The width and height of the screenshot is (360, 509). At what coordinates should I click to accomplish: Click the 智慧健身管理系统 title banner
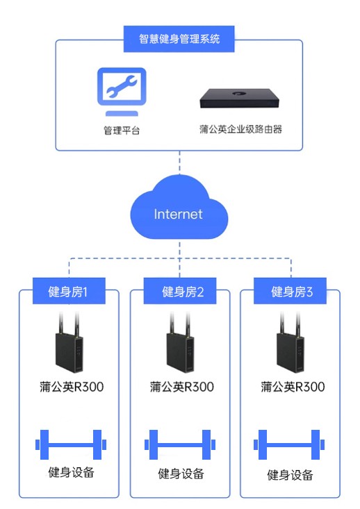[179, 38]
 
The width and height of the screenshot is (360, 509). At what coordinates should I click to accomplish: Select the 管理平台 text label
[121, 130]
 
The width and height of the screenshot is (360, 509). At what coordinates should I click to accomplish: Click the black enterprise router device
[240, 98]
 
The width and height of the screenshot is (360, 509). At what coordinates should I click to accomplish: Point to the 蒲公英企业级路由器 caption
[240, 129]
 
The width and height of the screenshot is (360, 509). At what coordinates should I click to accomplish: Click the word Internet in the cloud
[179, 213]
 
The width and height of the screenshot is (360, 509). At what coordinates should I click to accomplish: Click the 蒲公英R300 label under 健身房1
[72, 387]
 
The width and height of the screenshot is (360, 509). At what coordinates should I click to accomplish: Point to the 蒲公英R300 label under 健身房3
[293, 387]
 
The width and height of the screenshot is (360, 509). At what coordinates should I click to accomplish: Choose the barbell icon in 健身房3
[291, 444]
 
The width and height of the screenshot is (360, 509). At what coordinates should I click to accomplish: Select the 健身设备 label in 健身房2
[181, 474]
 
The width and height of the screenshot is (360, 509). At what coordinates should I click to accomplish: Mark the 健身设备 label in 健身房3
[291, 476]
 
